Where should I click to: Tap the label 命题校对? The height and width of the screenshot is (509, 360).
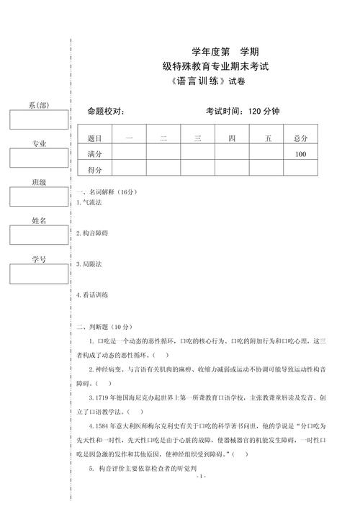tap(106, 111)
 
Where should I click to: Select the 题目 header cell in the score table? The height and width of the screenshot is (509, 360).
tap(94, 138)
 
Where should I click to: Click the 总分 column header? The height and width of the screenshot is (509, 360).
tap(300, 138)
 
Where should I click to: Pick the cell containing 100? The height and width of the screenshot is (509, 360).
tap(300, 154)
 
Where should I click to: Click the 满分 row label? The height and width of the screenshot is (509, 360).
tap(94, 154)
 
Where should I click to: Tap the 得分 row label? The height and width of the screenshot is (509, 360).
tap(94, 170)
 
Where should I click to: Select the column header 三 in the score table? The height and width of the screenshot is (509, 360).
tap(197, 138)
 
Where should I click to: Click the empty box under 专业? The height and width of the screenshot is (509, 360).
tap(38, 158)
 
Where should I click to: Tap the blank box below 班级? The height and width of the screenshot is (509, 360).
tap(38, 197)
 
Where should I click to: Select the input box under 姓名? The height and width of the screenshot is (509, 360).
tap(38, 235)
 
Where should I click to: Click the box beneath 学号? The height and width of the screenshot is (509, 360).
tap(38, 274)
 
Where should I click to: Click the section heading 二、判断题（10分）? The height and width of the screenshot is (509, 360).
tap(106, 326)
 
